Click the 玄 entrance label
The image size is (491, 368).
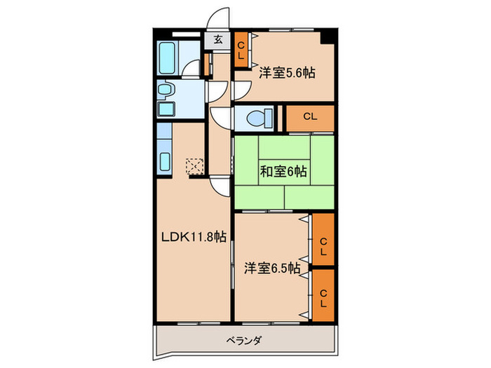[x=217, y=40]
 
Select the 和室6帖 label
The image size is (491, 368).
[x=284, y=170]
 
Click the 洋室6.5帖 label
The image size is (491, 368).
[x=272, y=268]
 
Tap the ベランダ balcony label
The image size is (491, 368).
[x=244, y=341]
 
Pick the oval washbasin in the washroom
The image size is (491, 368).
[x=167, y=89]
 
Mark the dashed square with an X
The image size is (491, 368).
[x=194, y=166]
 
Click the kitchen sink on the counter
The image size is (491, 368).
[x=166, y=160]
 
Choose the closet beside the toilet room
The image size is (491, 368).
[x=310, y=117]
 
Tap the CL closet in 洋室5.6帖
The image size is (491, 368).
[x=241, y=50]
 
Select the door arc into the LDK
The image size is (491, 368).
[x=220, y=186]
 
